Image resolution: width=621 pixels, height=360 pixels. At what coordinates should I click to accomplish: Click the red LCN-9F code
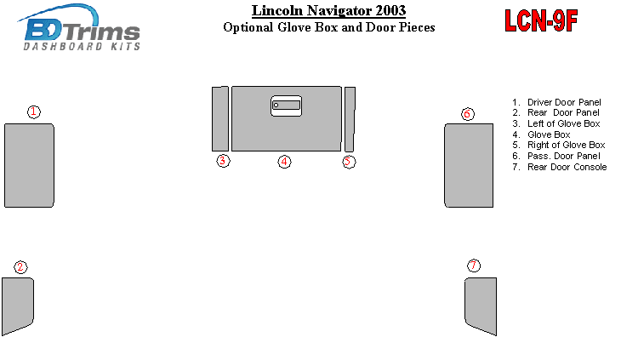[x=541, y=20]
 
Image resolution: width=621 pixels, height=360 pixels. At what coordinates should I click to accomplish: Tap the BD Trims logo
[x=79, y=28]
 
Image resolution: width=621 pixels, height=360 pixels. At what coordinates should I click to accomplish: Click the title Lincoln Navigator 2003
[x=328, y=11]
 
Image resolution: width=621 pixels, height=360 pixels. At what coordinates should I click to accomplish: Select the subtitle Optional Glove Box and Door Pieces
[x=328, y=27]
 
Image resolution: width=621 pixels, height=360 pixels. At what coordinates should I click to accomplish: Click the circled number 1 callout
[x=34, y=112]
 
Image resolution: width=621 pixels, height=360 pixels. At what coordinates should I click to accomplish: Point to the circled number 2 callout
[x=20, y=267]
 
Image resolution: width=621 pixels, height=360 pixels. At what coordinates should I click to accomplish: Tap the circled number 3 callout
[x=223, y=161]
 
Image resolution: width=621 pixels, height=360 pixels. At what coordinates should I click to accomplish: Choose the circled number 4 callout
[x=284, y=162]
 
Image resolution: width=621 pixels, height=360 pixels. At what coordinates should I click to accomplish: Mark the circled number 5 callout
[x=349, y=162]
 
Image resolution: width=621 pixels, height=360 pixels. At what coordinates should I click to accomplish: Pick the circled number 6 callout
[x=468, y=114]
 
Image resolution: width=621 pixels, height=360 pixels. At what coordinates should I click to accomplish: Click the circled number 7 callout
[x=474, y=266]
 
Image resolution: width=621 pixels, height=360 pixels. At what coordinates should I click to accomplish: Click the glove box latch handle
[x=287, y=106]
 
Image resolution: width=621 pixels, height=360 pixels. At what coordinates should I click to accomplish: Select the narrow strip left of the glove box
[x=220, y=119]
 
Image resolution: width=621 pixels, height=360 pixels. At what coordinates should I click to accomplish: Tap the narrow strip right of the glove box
[x=350, y=119]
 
